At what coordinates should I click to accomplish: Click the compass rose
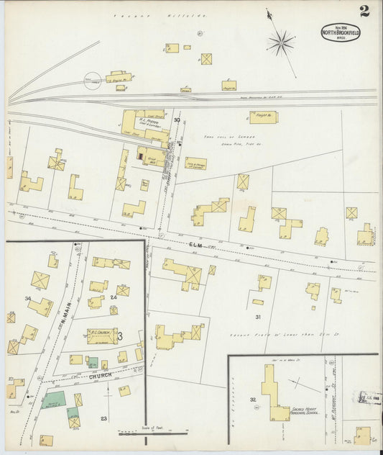pos(280,42)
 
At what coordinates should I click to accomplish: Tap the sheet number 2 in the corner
pos(364,11)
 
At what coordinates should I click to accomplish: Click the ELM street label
pos(196,246)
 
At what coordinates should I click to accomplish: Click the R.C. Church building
pos(102,335)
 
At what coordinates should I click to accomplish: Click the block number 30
pos(177,120)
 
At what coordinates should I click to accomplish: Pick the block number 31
pos(257,317)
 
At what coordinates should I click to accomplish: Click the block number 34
pos(27,298)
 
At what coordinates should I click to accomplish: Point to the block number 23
pos(103,418)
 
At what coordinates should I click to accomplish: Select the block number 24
pos(114,297)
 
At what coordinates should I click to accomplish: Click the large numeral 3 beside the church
pos(121,336)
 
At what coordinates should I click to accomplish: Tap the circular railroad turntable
pos(92,83)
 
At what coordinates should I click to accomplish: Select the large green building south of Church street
pos(52,400)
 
